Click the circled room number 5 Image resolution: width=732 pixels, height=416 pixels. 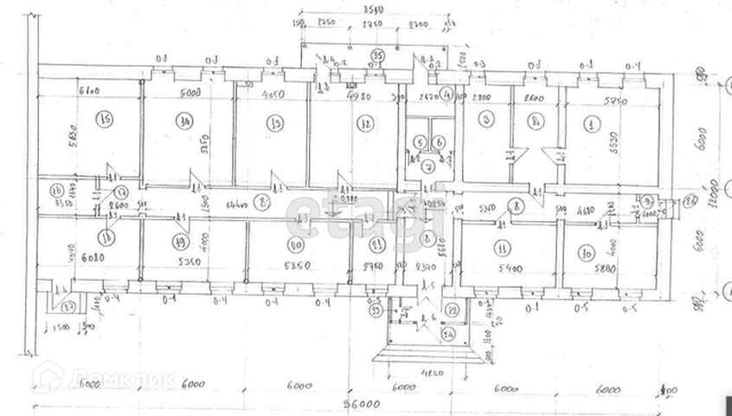418,142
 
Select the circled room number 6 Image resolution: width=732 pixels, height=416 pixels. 439,142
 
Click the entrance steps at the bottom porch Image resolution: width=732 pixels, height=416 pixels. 425,354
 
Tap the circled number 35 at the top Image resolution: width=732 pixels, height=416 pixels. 377,55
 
